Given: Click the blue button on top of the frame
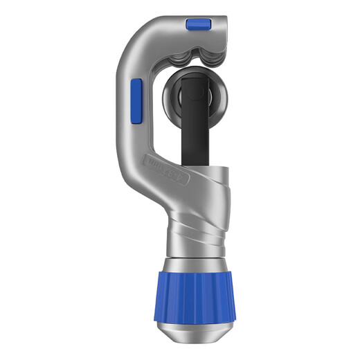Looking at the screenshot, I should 199,25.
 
